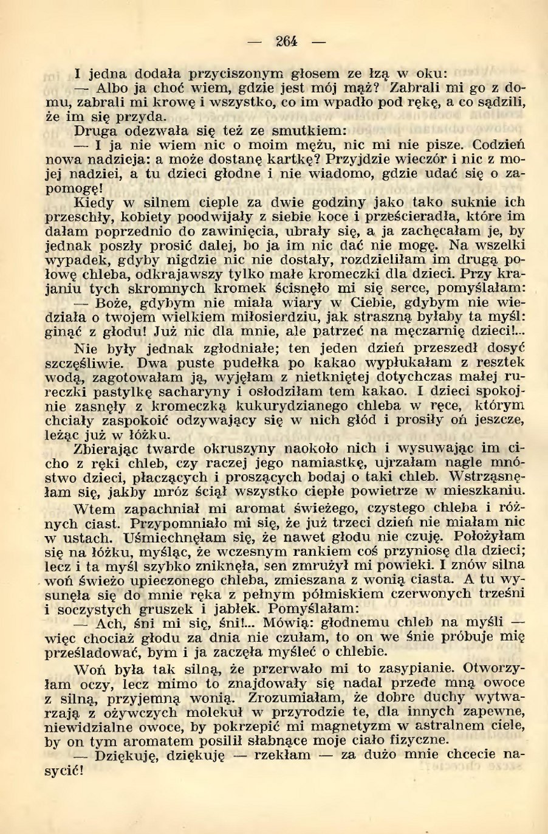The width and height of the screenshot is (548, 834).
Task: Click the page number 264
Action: coord(286,41)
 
